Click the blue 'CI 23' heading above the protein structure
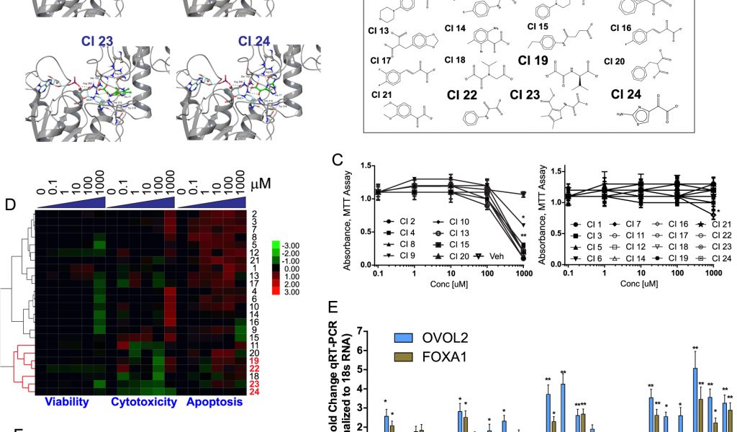pos(98,42)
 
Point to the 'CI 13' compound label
pos(389,31)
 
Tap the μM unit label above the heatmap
pos(262,185)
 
